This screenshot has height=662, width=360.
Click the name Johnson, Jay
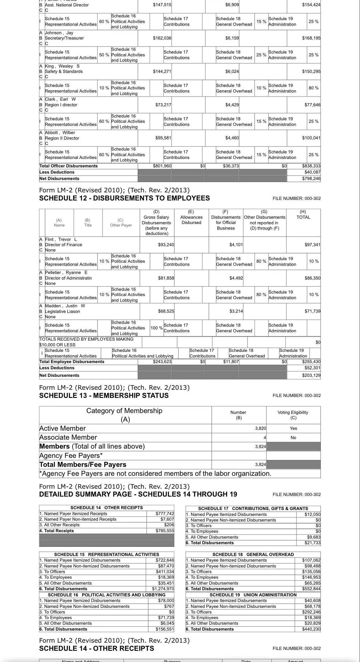coord(59,33)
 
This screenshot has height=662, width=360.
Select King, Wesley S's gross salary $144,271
coord(162,71)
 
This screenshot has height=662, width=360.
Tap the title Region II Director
coord(62,138)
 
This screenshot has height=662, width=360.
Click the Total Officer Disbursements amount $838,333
coord(311,166)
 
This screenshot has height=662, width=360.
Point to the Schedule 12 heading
coord(124,198)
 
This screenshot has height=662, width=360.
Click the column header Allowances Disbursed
coord(191,220)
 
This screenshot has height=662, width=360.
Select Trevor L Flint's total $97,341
coord(312,245)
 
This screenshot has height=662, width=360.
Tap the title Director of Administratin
coord(68,278)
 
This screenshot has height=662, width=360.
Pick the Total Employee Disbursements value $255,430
coord(311,362)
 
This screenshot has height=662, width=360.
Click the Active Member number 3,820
coord(260,428)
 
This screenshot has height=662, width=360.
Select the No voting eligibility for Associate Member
coord(293,438)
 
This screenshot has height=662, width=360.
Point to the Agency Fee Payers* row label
coord(71,456)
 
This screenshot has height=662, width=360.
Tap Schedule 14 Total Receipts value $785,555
coord(165,531)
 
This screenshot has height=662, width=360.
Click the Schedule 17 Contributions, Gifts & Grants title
coord(253,509)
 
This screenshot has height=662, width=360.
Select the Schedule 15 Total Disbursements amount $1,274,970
coord(163,589)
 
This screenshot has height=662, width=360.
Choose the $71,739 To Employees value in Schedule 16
coord(166,618)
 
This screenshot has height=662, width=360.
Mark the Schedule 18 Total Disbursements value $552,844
coord(311,589)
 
